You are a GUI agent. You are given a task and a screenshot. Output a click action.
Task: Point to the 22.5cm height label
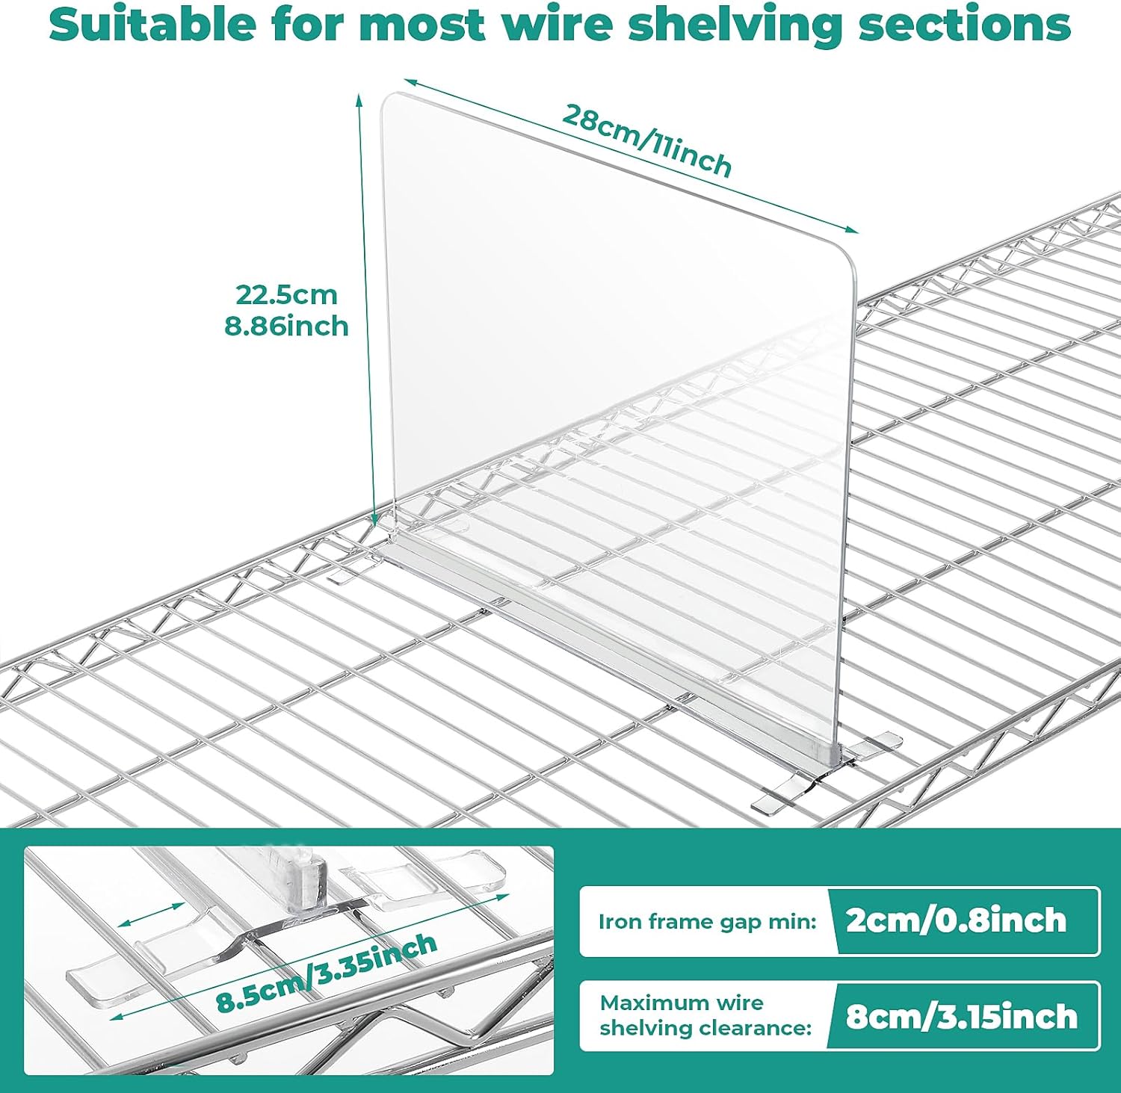(x=287, y=294)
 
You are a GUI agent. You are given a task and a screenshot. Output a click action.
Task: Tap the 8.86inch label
(x=287, y=326)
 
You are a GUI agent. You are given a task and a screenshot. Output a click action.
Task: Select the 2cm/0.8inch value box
(x=957, y=920)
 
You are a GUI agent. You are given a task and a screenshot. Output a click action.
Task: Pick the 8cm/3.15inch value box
(x=961, y=1016)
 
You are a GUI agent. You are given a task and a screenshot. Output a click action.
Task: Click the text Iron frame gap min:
(x=706, y=921)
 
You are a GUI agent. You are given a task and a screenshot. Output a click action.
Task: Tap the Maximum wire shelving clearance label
(x=705, y=1015)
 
